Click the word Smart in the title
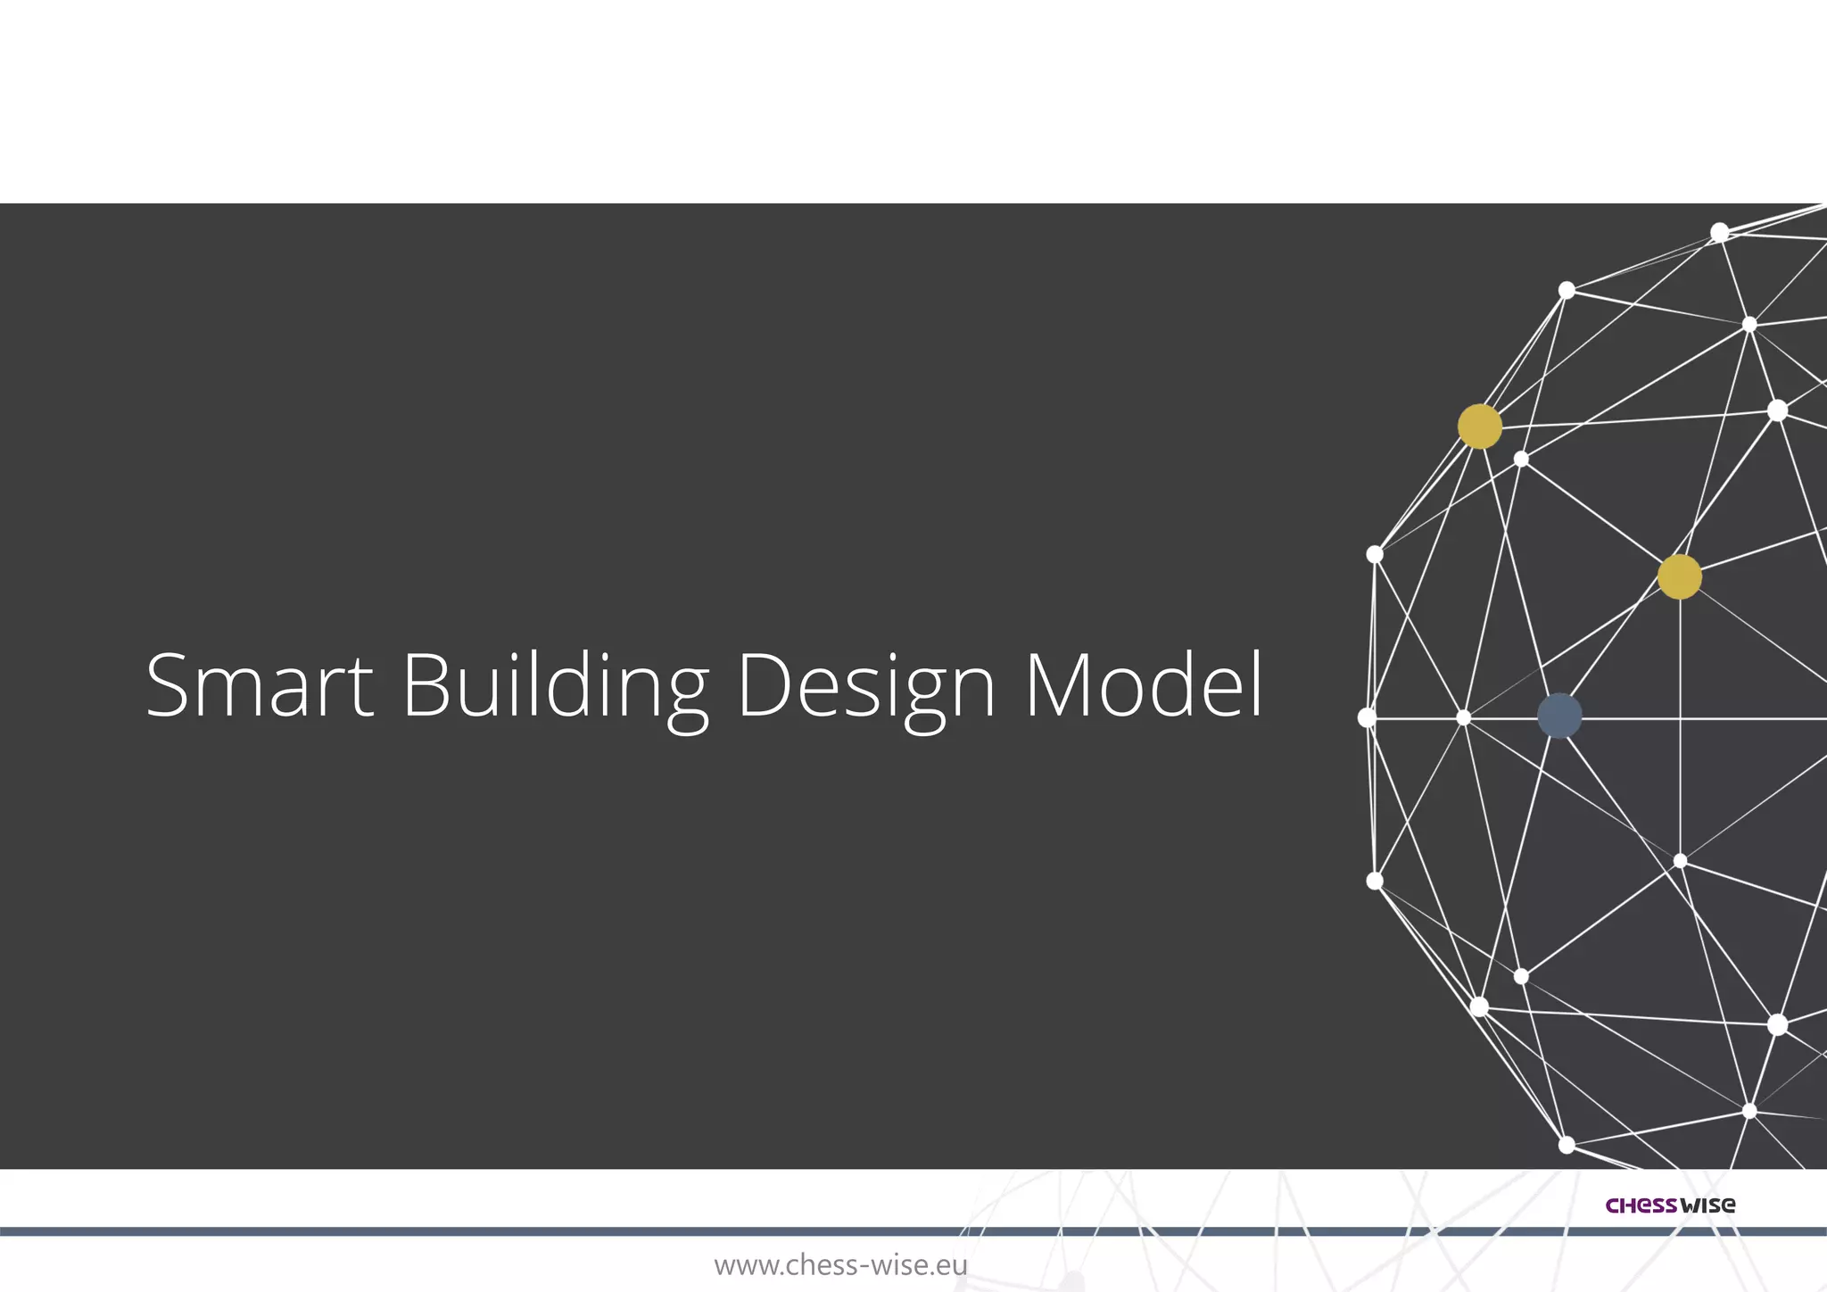pos(259,685)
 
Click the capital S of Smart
pos(170,685)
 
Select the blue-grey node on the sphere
pos(1559,716)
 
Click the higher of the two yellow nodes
pos(1479,427)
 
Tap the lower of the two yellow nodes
pos(1679,576)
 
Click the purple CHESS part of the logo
pos(1641,1205)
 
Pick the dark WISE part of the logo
pos(1707,1205)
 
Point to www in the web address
pos(745,1266)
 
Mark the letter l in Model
pos(1257,683)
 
